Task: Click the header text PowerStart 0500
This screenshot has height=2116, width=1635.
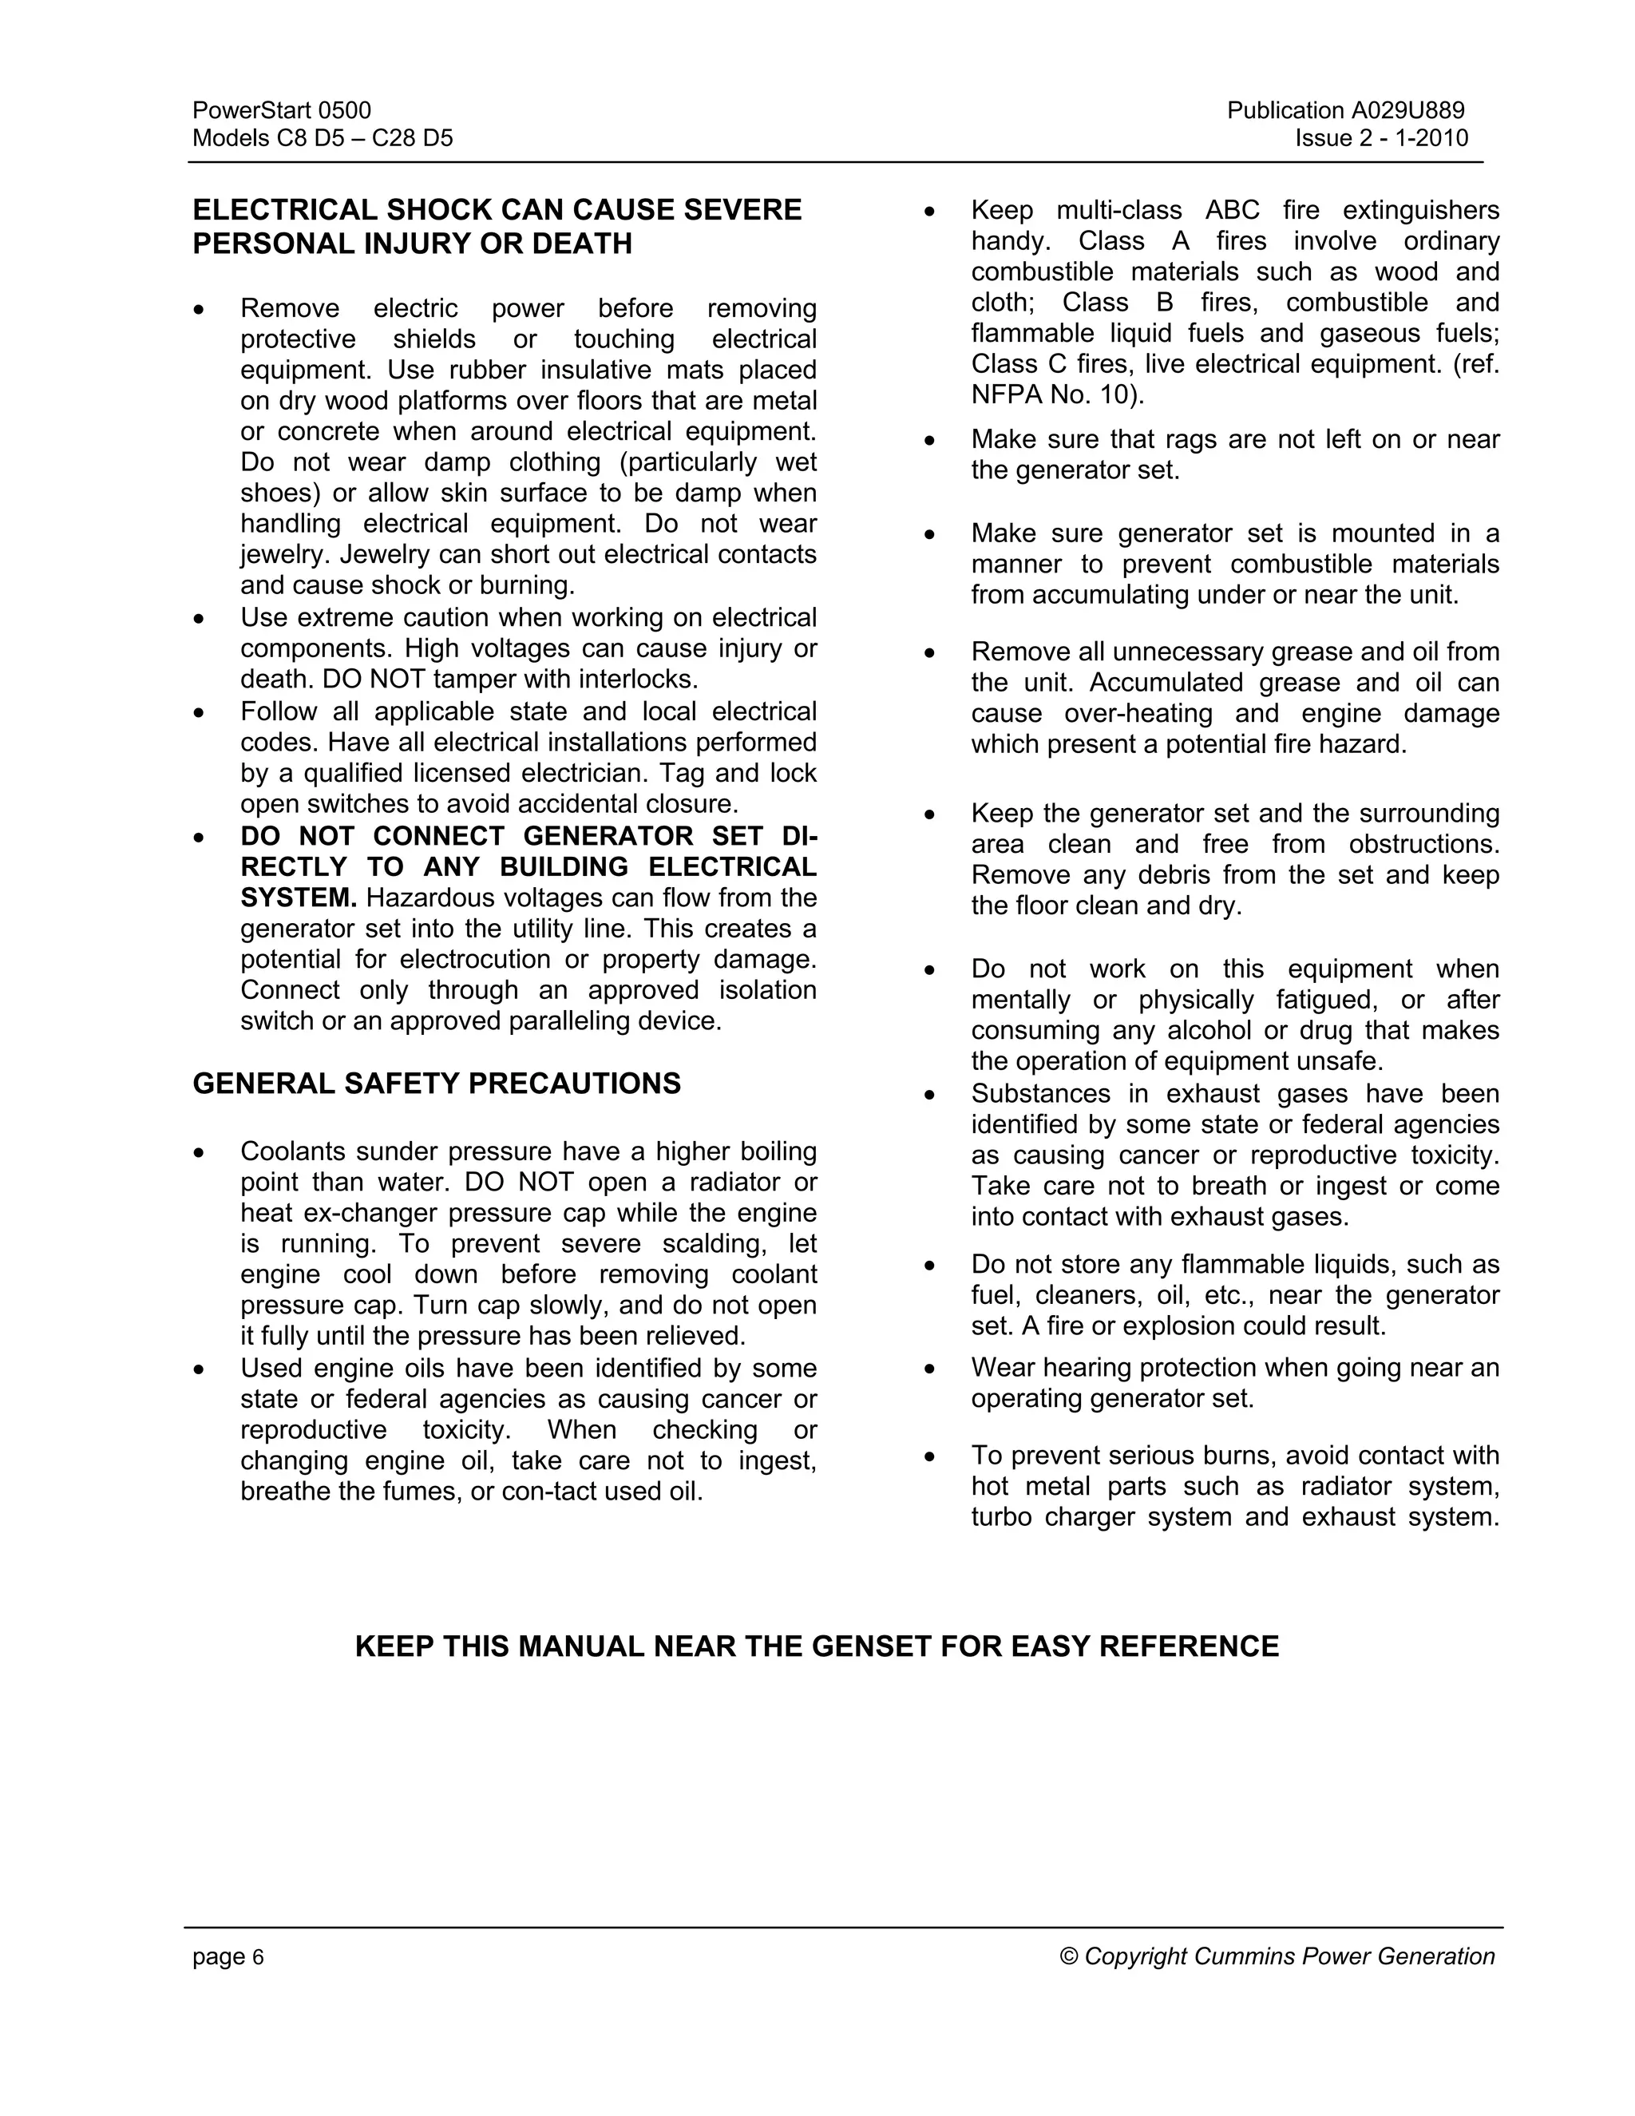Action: click(x=281, y=110)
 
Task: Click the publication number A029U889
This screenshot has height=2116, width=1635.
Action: click(x=1405, y=110)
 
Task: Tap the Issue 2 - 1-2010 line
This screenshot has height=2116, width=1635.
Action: click(x=1381, y=137)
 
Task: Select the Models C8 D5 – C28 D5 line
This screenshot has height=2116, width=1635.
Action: click(x=323, y=137)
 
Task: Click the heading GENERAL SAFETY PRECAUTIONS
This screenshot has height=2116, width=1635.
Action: click(x=436, y=1084)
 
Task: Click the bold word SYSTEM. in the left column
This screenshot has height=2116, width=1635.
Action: click(x=299, y=898)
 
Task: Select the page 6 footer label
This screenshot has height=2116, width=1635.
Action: click(x=228, y=1957)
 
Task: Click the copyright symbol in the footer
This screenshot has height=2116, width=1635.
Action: click(x=1069, y=1957)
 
